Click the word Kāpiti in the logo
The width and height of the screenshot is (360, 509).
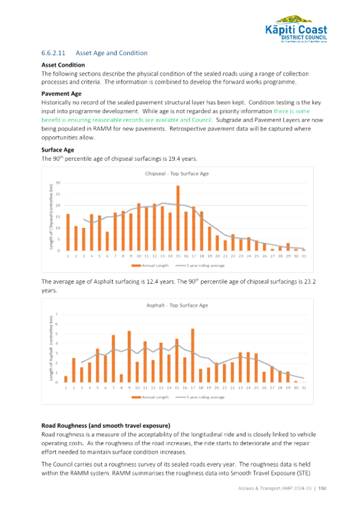pos(284,30)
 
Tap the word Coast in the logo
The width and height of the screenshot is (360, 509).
pos(312,30)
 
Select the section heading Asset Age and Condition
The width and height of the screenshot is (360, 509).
pos(111,54)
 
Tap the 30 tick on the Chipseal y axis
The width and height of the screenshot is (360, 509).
pos(57,183)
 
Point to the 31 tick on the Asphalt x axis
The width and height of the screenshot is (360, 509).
pos(303,387)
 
